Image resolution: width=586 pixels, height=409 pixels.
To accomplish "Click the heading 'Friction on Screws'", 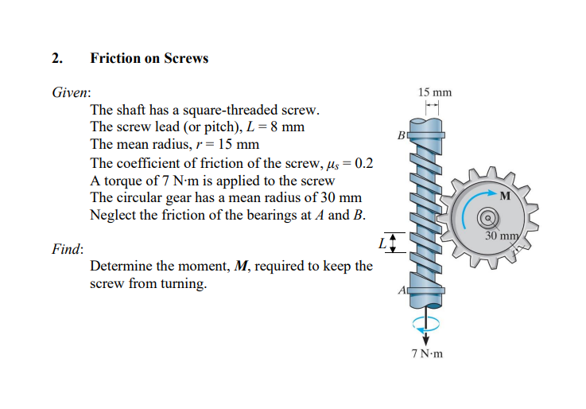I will click(x=149, y=58).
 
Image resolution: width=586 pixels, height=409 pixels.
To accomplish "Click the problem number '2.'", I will click(x=57, y=58).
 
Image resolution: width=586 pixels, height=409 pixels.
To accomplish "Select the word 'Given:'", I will click(x=71, y=92).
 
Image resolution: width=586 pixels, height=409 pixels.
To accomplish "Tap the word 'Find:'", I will click(x=68, y=249).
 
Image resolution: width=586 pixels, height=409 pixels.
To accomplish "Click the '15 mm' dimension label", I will click(x=434, y=92).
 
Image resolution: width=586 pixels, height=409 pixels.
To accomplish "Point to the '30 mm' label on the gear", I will click(x=502, y=236).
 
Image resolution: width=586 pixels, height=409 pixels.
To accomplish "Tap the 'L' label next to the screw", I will click(x=382, y=241).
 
